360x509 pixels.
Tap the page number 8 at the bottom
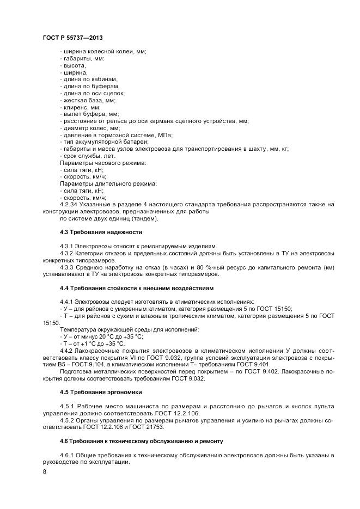pyautogui.click(x=45, y=472)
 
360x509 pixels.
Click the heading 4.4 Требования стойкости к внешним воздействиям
pyautogui.click(x=137, y=287)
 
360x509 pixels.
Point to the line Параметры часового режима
pyautogui.click(x=102, y=163)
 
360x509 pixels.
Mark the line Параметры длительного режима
pyautogui.click(x=108, y=184)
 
